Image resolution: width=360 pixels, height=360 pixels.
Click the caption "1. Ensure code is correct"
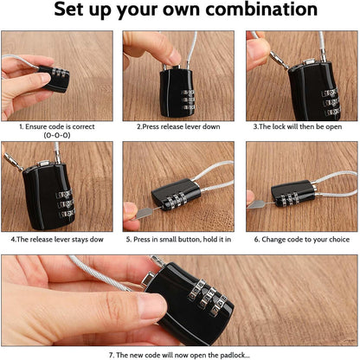coord(57,125)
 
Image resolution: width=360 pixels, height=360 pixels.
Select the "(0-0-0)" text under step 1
coord(57,135)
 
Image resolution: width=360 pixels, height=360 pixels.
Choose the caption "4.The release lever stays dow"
coord(57,237)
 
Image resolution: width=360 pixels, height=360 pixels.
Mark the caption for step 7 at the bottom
coord(180,353)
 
